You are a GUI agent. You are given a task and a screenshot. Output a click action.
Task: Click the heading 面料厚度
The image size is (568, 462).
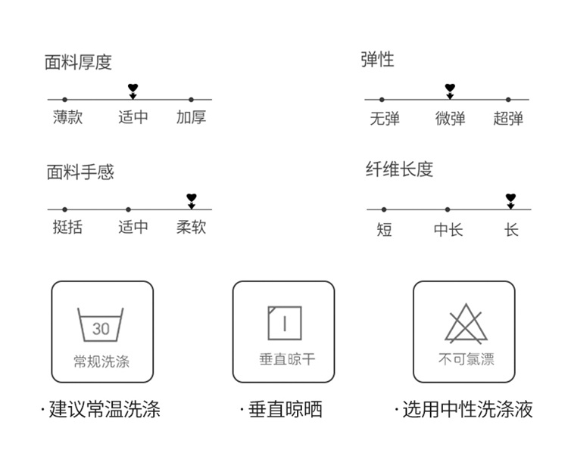click(x=78, y=62)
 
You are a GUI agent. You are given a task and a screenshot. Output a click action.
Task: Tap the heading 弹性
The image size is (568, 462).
click(x=377, y=59)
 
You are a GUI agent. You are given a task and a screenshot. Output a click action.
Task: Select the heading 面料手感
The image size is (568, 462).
click(x=80, y=172)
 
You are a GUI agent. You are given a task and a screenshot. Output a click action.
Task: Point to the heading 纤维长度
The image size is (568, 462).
click(x=399, y=169)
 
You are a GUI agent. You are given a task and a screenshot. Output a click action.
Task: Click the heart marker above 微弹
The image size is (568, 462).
click(x=450, y=88)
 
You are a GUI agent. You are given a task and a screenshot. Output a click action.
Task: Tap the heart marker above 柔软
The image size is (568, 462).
click(x=192, y=197)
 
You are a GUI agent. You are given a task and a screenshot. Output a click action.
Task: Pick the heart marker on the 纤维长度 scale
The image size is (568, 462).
click(x=510, y=197)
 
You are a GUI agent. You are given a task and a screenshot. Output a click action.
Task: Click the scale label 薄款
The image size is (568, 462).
click(x=67, y=117)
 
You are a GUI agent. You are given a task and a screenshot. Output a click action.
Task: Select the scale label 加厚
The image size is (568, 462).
click(x=192, y=117)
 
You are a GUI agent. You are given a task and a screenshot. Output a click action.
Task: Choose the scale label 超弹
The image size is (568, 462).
click(x=508, y=119)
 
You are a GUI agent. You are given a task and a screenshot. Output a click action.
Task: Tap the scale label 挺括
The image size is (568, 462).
click(x=67, y=227)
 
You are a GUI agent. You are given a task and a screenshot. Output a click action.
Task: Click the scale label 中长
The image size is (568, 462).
click(x=448, y=229)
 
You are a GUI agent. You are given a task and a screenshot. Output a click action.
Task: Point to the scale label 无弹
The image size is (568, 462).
click(x=385, y=119)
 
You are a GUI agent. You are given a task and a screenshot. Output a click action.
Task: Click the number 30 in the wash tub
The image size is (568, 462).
click(x=101, y=329)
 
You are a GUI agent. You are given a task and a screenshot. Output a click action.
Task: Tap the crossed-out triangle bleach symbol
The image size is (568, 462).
click(x=466, y=324)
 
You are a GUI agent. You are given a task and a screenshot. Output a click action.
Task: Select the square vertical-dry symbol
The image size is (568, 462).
click(x=285, y=323)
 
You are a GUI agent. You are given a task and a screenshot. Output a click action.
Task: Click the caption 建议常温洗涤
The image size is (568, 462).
click(x=105, y=409)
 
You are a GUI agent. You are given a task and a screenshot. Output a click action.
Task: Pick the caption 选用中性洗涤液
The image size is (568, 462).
click(x=467, y=409)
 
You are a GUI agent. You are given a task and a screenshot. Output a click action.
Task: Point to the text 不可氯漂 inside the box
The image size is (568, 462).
click(x=467, y=359)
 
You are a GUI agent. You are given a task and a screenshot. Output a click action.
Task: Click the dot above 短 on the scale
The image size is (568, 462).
click(x=384, y=209)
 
